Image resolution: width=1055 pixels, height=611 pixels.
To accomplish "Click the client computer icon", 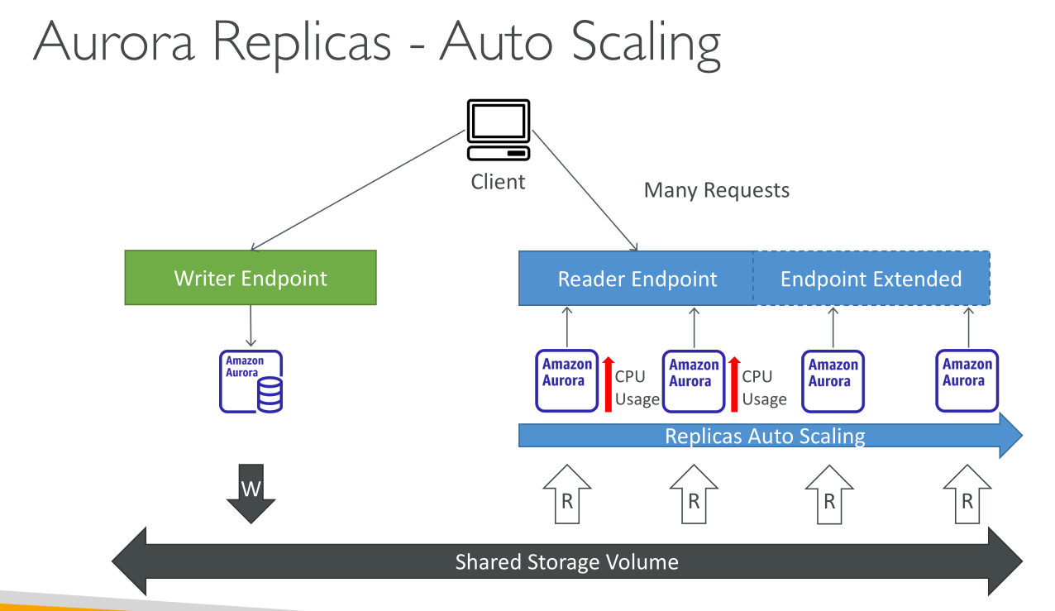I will click(499, 130).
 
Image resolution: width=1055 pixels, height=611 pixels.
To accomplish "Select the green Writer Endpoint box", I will click(251, 278).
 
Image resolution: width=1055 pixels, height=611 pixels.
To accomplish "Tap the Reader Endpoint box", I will click(637, 279).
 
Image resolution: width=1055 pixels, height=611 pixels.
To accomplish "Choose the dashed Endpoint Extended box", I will click(871, 279).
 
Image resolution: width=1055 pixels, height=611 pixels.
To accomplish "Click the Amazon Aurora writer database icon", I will click(251, 381).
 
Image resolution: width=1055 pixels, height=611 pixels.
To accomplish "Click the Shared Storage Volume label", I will click(566, 562).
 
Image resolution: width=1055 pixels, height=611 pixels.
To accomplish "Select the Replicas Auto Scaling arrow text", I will click(765, 436).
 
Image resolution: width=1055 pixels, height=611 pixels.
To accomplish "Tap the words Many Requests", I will click(716, 190).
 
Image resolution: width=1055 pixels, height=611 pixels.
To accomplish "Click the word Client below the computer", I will click(498, 181).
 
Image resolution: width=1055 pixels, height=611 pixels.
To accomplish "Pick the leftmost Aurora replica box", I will click(567, 380).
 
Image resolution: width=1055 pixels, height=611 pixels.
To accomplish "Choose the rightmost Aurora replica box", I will click(967, 380).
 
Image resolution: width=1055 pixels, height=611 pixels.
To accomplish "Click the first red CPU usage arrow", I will click(608, 384).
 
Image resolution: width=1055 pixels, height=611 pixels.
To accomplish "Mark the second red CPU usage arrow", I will click(734, 384).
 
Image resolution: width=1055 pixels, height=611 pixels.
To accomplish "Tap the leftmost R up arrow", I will click(567, 494).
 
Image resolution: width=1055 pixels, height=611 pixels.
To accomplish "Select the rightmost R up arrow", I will click(967, 494).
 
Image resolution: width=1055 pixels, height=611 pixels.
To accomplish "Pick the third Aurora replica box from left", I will click(833, 380).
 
